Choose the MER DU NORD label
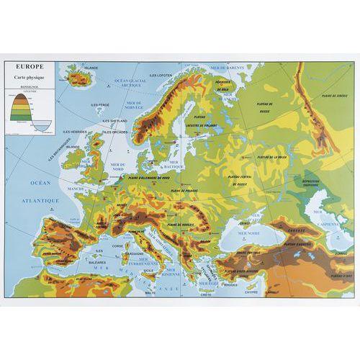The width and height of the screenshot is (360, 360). pyautogui.click(x=129, y=166)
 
